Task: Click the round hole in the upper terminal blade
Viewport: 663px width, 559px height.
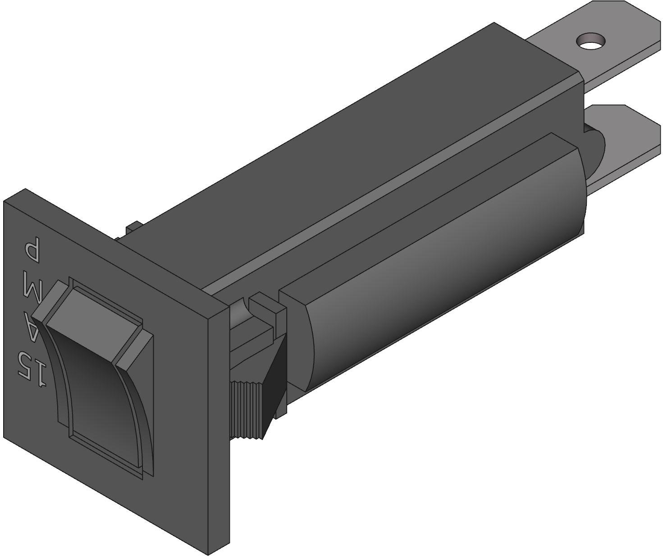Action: pos(590,41)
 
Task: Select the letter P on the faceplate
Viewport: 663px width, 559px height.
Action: pos(32,251)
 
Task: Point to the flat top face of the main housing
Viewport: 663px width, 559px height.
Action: pos(361,149)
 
